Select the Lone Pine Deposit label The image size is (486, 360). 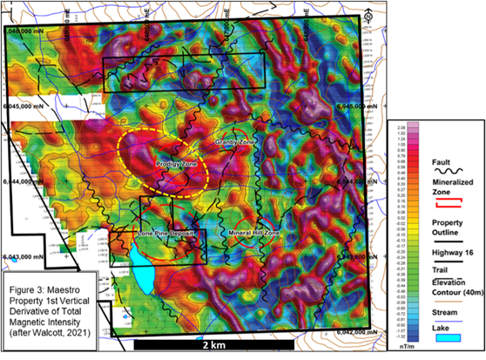[x=165, y=234]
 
